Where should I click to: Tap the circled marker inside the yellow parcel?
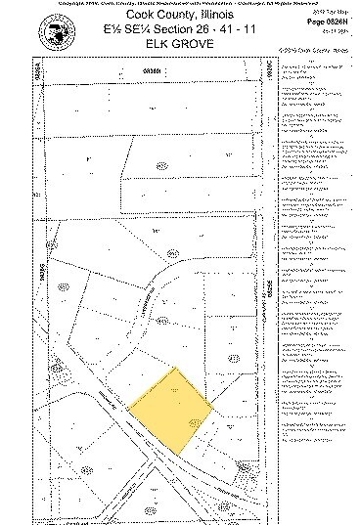point(194,420)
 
